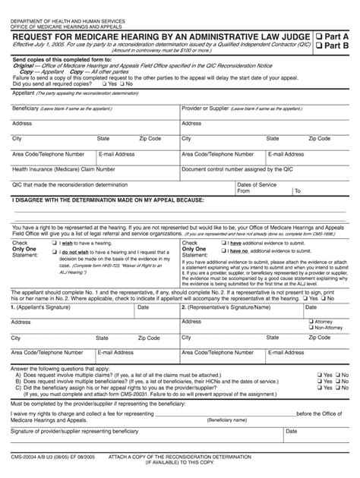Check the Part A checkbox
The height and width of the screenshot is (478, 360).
[320, 36]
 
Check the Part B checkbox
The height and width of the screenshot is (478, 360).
[320, 46]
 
